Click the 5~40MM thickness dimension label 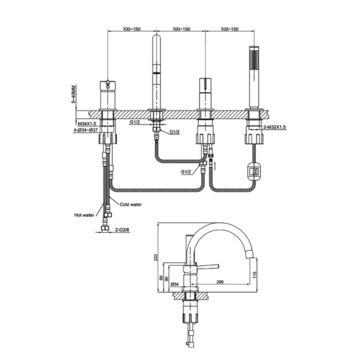tap(73, 94)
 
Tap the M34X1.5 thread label tap(87, 124)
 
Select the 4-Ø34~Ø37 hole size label tap(86, 130)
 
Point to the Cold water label tap(131, 204)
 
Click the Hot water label tap(84, 215)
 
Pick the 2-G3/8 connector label tap(122, 229)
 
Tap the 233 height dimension tap(156, 257)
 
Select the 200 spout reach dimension tap(220, 282)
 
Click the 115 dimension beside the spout tap(254, 275)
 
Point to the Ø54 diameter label tap(175, 284)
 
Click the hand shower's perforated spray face tap(254, 60)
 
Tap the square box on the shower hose tap(254, 171)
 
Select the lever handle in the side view tap(208, 266)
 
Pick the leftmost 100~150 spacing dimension tap(131, 29)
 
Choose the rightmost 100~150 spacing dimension tap(230, 29)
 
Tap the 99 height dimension tap(161, 278)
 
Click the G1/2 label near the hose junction tap(186, 172)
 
